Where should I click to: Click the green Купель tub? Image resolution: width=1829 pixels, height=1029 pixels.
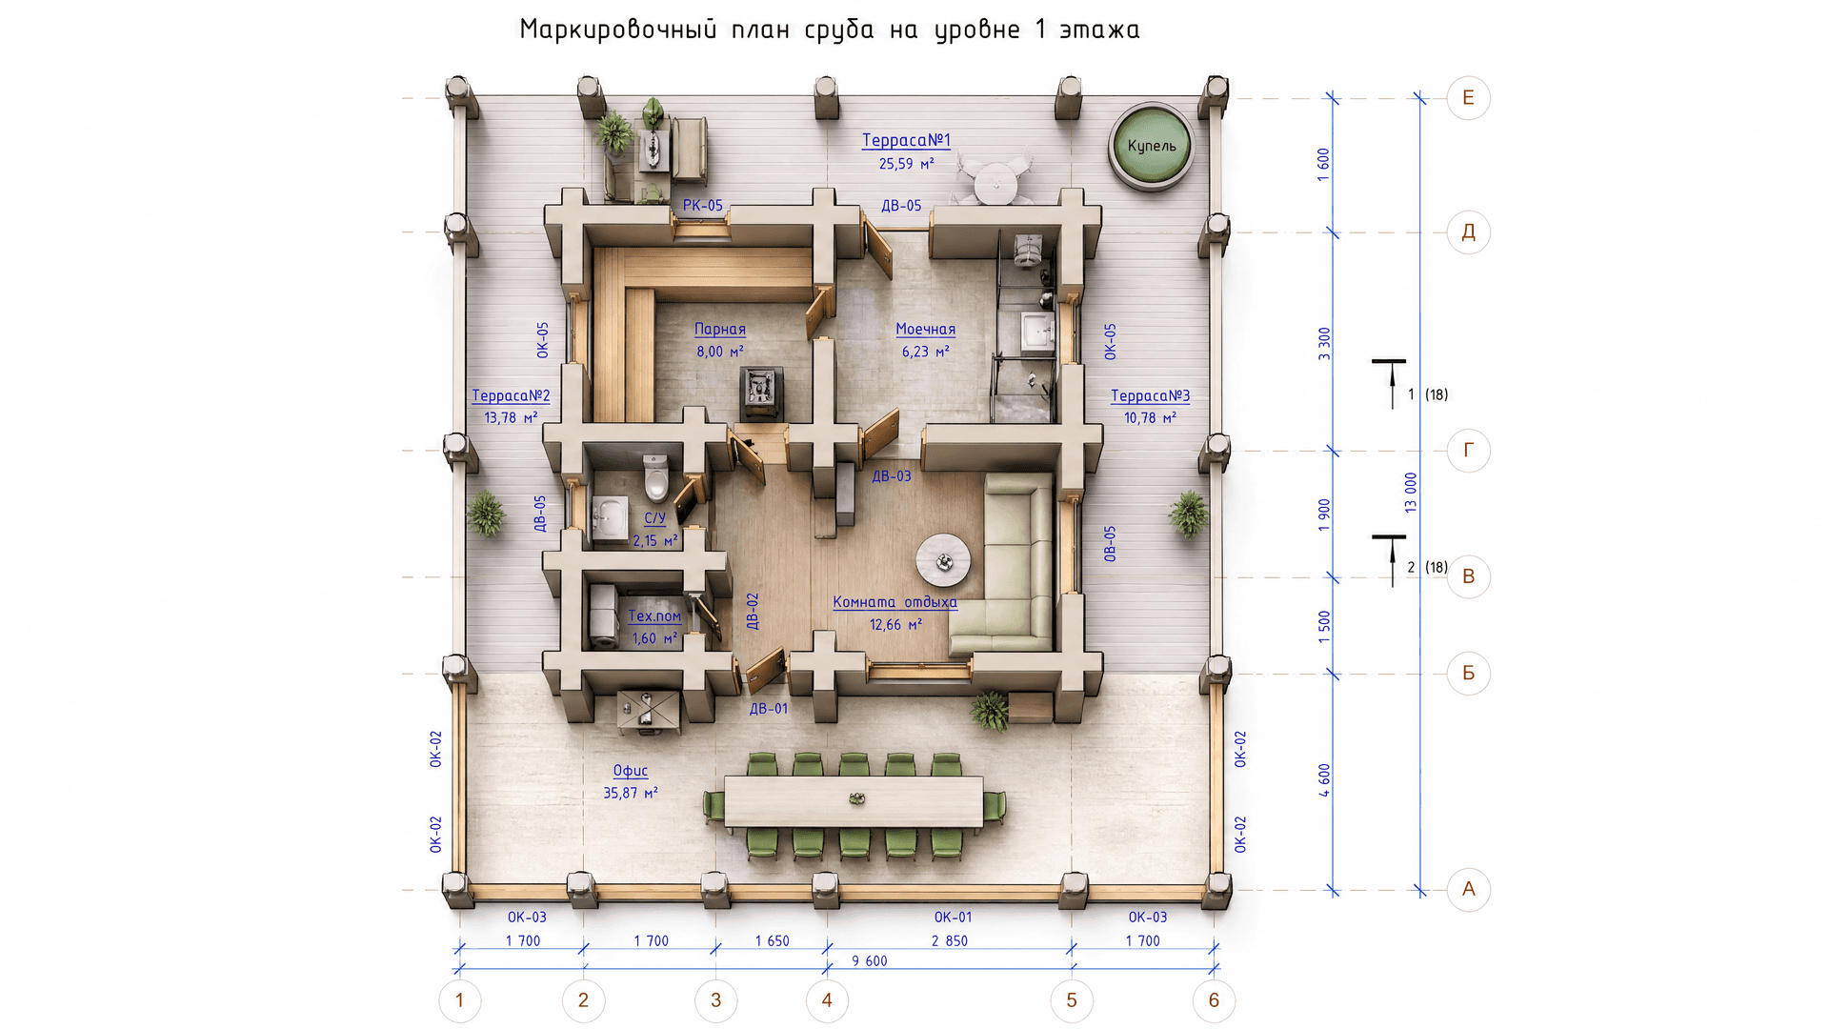1152,146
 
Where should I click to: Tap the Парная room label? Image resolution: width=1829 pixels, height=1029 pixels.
720,330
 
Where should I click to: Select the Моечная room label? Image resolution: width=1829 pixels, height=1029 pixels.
925,330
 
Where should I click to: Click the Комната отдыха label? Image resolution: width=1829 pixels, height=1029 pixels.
895,602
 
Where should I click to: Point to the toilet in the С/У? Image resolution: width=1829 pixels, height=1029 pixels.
656,477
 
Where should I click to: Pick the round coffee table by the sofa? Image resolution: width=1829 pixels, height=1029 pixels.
943,561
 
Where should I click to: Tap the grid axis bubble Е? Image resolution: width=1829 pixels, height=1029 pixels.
1468,97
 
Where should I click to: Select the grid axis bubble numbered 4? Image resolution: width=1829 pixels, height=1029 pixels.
827,1000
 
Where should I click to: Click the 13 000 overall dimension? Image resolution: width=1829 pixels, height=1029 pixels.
1411,493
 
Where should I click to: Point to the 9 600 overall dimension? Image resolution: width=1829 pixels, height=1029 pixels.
870,961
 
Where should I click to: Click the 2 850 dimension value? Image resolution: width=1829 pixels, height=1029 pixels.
950,941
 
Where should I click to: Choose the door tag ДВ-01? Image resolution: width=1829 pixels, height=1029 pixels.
769,709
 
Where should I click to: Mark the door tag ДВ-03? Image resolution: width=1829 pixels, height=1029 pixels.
892,476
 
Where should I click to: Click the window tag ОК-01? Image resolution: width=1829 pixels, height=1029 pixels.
953,918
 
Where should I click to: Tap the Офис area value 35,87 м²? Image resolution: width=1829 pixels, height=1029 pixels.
631,793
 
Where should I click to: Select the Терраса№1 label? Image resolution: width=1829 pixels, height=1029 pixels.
906,140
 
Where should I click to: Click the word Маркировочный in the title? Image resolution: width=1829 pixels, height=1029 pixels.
617,30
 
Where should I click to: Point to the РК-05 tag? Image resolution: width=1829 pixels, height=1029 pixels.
703,206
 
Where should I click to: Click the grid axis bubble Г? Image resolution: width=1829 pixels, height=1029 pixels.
1468,450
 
